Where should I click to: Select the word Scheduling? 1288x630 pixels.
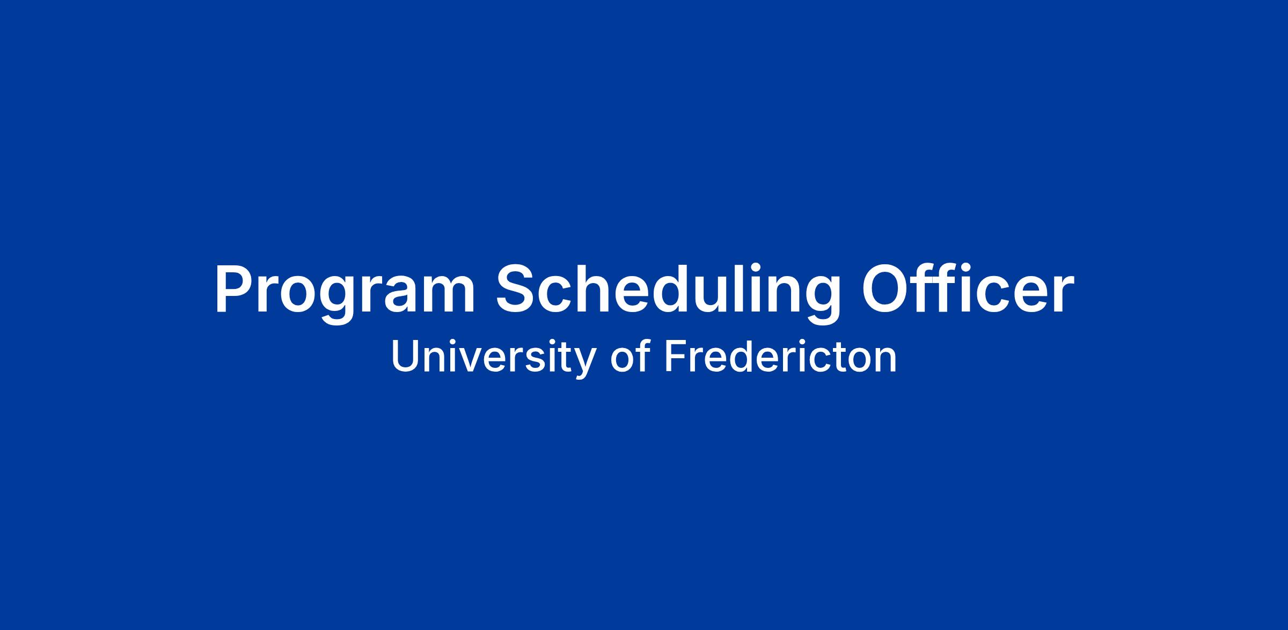pyautogui.click(x=668, y=293)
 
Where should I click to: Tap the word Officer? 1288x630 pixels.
pyautogui.click(x=968, y=288)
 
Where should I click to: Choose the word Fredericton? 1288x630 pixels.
pyautogui.click(x=780, y=356)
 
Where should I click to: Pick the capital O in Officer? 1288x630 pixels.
pyautogui.click(x=885, y=289)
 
